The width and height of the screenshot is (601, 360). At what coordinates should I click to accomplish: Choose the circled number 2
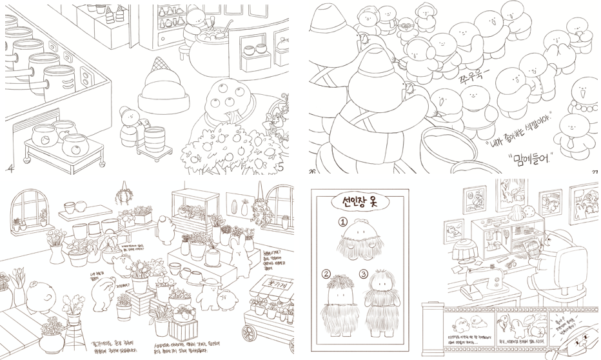(326, 274)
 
